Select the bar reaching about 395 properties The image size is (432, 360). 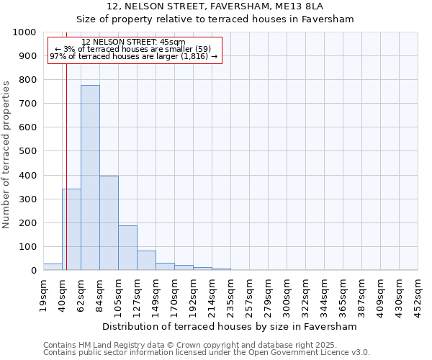(109, 223)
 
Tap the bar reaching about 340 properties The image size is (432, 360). (71, 230)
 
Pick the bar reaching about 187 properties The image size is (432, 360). (127, 248)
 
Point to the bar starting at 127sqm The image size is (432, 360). (146, 261)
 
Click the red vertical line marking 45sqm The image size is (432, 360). (66, 166)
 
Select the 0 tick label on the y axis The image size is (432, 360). (33, 271)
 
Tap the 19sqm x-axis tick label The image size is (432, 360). (43, 294)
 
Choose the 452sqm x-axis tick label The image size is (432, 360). (418, 294)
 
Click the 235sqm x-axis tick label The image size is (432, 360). (230, 294)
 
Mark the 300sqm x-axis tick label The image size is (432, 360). (287, 294)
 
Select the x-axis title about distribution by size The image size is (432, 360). (230, 326)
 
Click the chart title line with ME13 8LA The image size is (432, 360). (215, 6)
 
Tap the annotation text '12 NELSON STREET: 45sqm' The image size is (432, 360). (134, 42)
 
